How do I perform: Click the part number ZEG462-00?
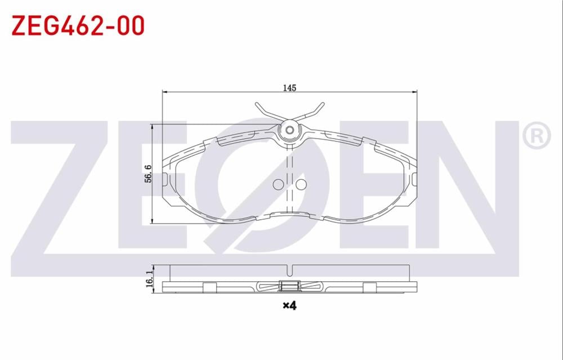78,25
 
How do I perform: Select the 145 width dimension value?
289,87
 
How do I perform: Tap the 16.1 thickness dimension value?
149,278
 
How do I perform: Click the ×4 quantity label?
289,306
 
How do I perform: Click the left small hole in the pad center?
278,184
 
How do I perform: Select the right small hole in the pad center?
301,184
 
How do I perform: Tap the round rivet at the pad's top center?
289,131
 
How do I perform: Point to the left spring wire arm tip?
256,104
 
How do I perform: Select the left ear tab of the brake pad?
164,180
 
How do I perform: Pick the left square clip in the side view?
208,287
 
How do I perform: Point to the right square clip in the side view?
369,287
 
